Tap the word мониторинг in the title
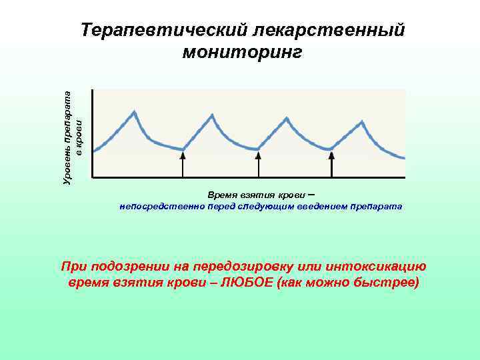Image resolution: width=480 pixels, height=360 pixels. pyautogui.click(x=242, y=52)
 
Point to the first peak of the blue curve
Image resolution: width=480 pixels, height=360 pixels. pyautogui.click(x=135, y=113)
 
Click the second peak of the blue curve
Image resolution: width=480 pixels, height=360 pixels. pyautogui.click(x=213, y=115)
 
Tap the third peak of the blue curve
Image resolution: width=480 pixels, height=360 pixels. pyautogui.click(x=287, y=119)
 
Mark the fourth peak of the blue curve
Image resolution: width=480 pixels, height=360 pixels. pyautogui.click(x=362, y=121)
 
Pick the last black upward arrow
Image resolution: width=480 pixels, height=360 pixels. pyautogui.click(x=331, y=163)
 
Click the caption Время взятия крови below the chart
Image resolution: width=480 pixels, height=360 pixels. pyautogui.click(x=252, y=195)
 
